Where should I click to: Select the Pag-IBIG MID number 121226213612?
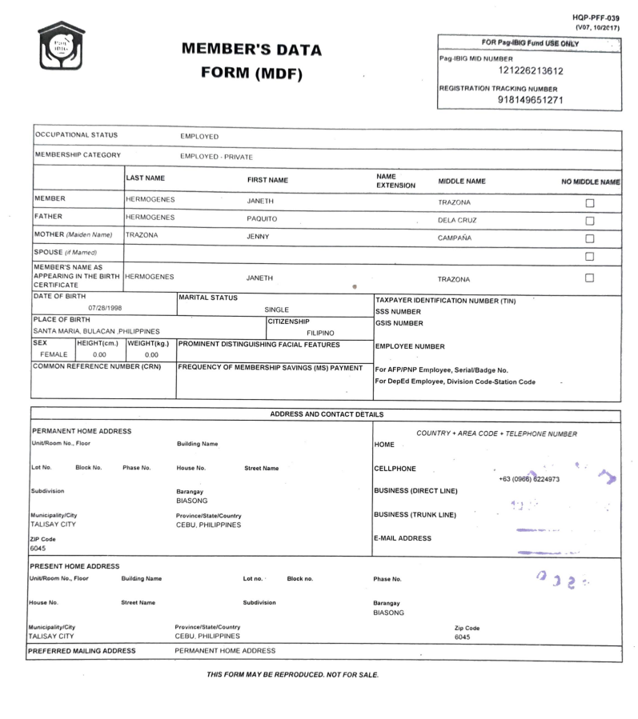coord(529,71)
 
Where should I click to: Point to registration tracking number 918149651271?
coord(529,101)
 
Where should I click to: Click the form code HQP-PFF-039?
coord(596,18)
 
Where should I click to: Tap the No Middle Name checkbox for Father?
coord(590,221)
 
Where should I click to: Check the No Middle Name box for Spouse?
coord(590,256)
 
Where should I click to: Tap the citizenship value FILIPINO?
coord(320,333)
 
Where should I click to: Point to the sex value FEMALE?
coord(54,354)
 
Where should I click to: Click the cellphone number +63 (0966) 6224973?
coord(528,479)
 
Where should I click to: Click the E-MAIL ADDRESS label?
coord(402,538)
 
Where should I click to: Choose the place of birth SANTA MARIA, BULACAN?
coord(96,331)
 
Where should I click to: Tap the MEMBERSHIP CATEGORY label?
coord(78,155)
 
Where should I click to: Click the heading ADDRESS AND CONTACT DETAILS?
coord(327,414)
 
